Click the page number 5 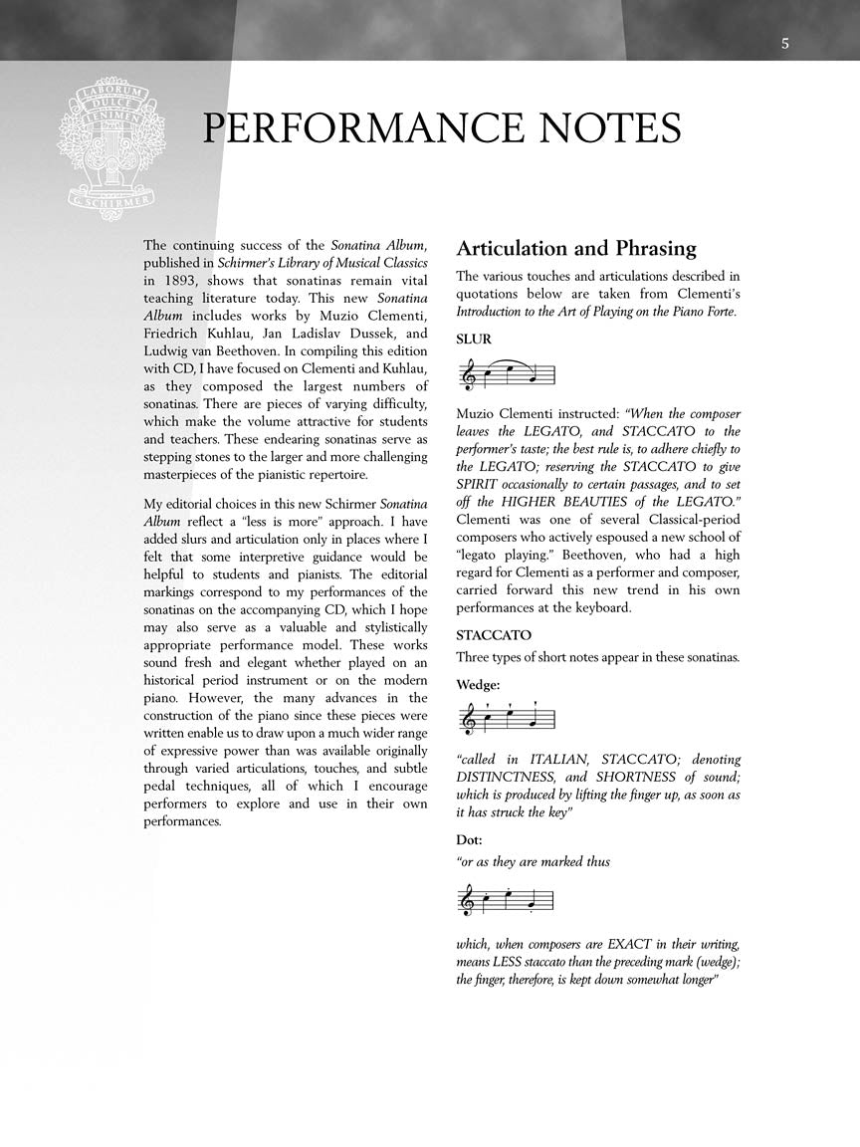(x=785, y=43)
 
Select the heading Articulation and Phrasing (x=576, y=248)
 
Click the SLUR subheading (x=474, y=340)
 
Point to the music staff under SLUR (x=505, y=374)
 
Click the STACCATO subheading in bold (x=494, y=635)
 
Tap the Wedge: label (x=479, y=685)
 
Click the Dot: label (x=470, y=839)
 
